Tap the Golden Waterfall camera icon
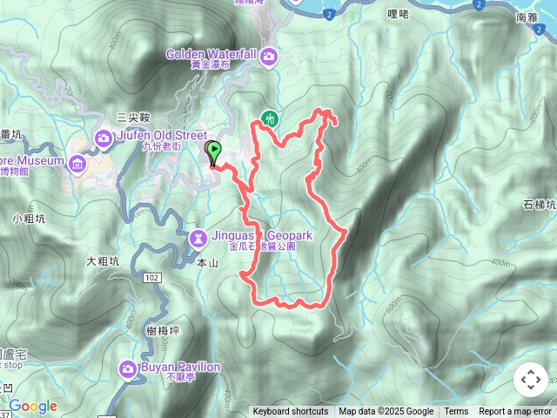pyautogui.click(x=270, y=56)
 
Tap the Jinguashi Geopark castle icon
pyautogui.click(x=198, y=236)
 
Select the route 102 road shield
pyautogui.click(x=152, y=277)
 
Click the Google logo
pyautogui.click(x=33, y=406)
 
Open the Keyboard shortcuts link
pyautogui.click(x=291, y=412)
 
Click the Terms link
pyautogui.click(x=456, y=412)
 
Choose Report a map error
pyautogui.click(x=515, y=412)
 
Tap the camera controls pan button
pyautogui.click(x=531, y=380)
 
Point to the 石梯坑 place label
pyautogui.click(x=540, y=205)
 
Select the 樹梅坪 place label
pyautogui.click(x=164, y=330)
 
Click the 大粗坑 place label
pyautogui.click(x=102, y=260)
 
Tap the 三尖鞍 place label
pyautogui.click(x=134, y=117)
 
